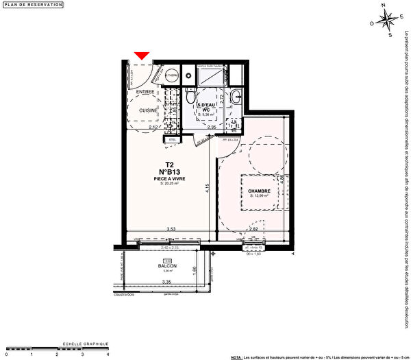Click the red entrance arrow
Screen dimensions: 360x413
click(x=142, y=56)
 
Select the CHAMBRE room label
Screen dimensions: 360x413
click(x=260, y=191)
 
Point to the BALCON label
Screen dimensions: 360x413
click(x=168, y=265)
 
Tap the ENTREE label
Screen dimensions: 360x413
click(x=145, y=92)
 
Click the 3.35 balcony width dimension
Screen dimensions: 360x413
click(x=166, y=282)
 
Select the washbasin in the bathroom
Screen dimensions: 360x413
click(x=236, y=95)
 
